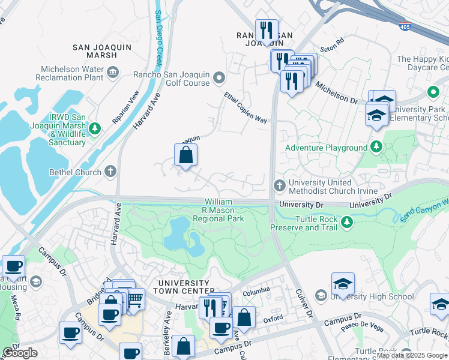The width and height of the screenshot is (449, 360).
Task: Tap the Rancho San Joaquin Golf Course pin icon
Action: [220, 77]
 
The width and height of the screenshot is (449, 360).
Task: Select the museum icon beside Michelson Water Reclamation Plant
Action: [112, 74]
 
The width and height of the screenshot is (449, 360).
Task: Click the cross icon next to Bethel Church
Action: [110, 172]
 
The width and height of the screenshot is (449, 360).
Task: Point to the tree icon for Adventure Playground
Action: [376, 147]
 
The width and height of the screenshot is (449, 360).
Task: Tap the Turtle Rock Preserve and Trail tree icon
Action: [346, 223]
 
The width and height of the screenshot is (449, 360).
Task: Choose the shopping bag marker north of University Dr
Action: [186, 155]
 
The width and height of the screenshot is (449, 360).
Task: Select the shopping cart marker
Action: [135, 298]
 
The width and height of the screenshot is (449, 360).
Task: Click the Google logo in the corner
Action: [20, 353]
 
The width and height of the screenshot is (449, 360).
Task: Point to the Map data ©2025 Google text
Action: [411, 355]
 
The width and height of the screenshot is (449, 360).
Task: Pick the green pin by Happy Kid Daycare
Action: [433, 92]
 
